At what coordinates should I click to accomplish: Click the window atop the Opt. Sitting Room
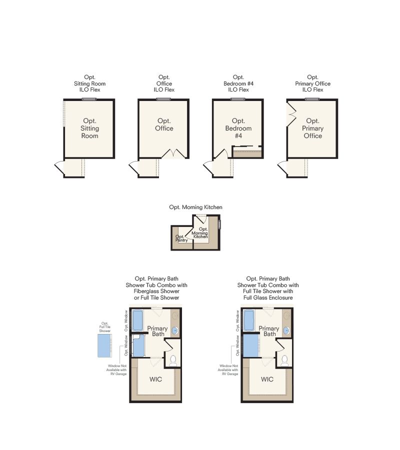89,99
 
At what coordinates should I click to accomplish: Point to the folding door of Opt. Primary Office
292,115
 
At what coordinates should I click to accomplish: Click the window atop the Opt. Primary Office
312,99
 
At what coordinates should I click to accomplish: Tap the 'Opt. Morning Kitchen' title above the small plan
195,207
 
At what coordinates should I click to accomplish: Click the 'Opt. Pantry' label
181,238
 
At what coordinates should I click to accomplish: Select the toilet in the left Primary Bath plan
173,360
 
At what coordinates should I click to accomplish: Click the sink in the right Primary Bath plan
286,331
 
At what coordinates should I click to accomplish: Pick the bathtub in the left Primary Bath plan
137,320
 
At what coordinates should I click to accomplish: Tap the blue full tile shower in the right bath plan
251,346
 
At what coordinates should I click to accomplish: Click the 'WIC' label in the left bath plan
155,379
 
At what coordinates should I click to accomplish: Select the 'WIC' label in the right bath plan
267,379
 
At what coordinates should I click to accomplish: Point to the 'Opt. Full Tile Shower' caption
104,327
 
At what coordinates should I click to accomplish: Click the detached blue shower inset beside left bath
104,345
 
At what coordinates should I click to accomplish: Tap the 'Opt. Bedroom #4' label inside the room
238,128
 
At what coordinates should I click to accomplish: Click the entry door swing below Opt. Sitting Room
59,167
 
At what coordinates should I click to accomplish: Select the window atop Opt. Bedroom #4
238,99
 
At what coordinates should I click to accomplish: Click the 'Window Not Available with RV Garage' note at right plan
228,370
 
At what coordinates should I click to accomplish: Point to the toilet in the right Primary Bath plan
284,360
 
